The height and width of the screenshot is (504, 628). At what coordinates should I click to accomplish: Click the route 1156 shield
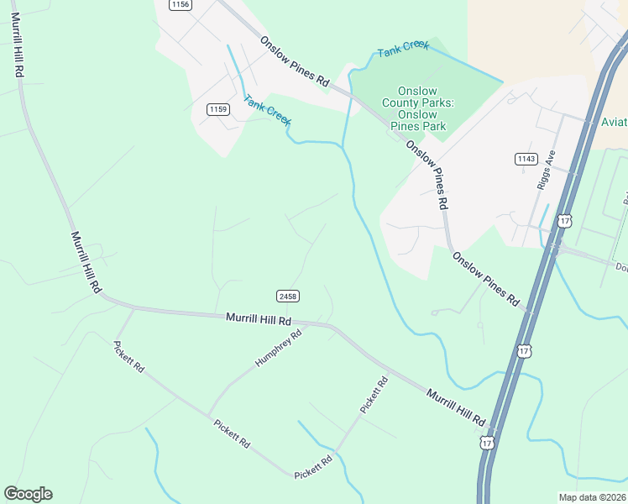point(180,4)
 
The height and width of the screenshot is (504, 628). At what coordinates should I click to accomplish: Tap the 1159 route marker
point(218,109)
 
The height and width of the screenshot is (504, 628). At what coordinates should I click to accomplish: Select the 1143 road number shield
point(526,159)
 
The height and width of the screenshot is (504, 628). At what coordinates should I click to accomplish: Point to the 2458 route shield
point(287,296)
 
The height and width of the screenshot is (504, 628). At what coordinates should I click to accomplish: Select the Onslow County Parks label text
point(418,102)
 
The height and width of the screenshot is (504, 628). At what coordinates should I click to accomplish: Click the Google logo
point(28,494)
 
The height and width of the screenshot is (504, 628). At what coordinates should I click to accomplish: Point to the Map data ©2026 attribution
point(593,497)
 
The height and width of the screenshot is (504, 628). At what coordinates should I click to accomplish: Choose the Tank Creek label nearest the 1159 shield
point(267,111)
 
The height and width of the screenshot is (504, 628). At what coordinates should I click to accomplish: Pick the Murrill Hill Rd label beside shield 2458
point(259,320)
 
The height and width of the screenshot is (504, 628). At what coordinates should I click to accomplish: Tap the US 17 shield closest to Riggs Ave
point(565,221)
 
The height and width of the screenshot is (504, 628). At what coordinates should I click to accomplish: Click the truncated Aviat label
point(615,123)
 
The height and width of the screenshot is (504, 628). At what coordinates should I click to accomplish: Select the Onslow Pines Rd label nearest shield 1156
point(294,60)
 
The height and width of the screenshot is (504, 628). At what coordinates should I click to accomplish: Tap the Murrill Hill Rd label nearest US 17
point(456,407)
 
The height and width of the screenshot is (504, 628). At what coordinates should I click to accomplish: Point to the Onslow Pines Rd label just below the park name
point(427,175)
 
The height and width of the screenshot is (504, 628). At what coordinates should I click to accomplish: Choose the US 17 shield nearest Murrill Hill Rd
point(487,441)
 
